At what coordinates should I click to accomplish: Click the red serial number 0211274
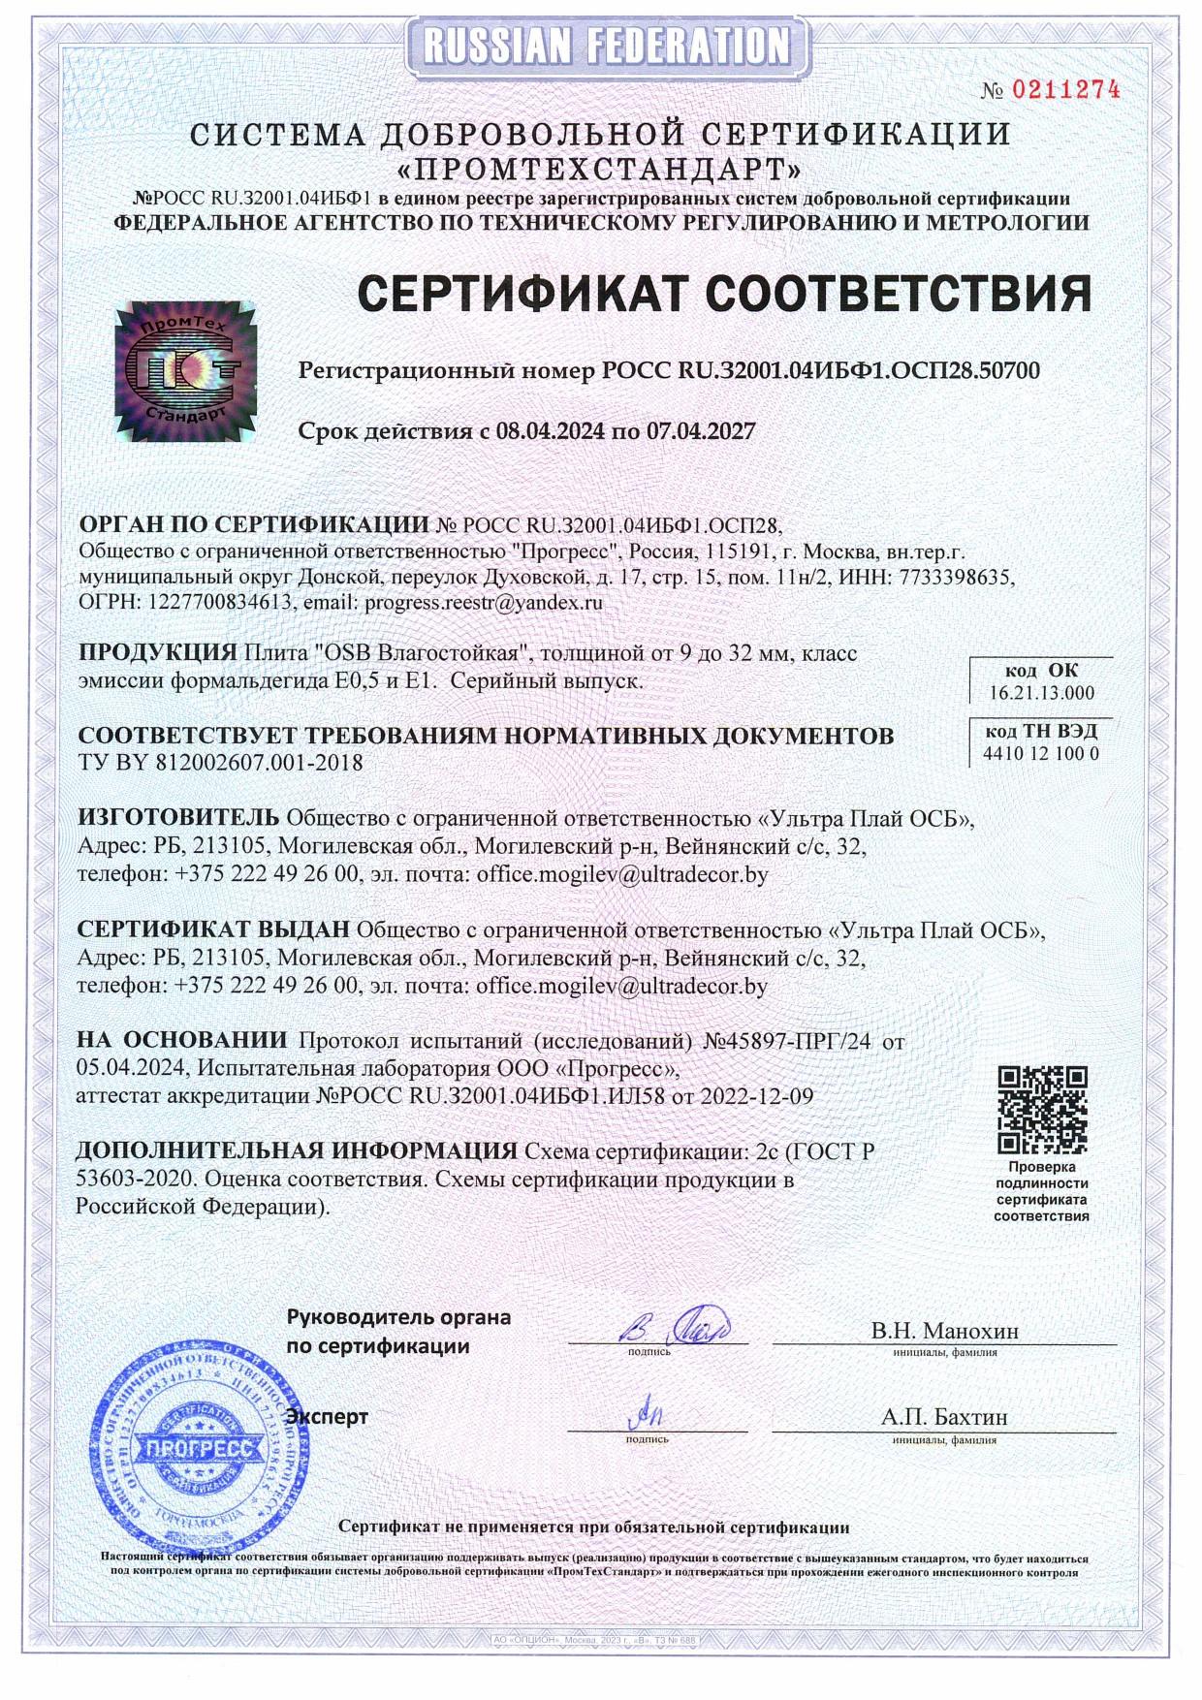[x=1065, y=90]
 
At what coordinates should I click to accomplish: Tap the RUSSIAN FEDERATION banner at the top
[x=607, y=46]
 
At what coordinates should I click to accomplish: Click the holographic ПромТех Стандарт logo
[x=187, y=370]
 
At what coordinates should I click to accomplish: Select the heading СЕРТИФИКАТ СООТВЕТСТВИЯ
[x=724, y=293]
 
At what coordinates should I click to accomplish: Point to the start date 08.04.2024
[x=550, y=431]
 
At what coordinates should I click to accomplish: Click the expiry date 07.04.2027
[x=701, y=431]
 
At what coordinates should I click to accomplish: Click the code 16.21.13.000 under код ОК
[x=1041, y=692]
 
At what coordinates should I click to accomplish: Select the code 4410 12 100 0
[x=1041, y=753]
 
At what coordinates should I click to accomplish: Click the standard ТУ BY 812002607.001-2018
[x=220, y=763]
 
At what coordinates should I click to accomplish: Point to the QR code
[x=1042, y=1110]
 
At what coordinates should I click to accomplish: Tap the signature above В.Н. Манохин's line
[x=675, y=1324]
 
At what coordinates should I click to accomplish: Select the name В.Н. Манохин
[x=944, y=1331]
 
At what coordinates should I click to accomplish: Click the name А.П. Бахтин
[x=944, y=1417]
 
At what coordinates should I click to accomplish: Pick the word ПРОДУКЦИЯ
[x=157, y=652]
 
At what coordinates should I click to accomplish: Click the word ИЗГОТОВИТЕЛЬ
[x=178, y=818]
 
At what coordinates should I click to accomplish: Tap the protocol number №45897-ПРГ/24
[x=786, y=1042]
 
